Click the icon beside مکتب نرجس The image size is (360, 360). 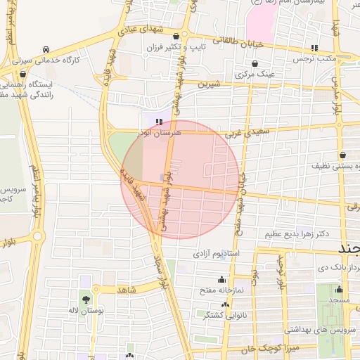pos(314,48)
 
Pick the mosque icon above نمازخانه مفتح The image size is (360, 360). pos(223,279)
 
